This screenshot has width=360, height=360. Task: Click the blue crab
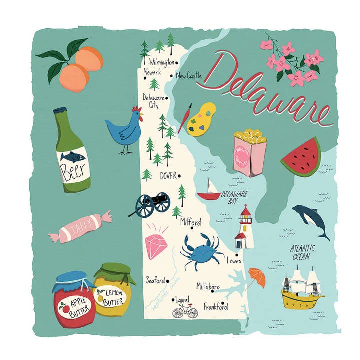(202, 251)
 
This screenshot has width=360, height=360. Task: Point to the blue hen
(123, 131)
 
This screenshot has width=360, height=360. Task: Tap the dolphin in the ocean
(310, 220)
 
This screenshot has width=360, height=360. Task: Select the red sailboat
(209, 190)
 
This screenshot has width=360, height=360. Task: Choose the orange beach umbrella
(257, 277)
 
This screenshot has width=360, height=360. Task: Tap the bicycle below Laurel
(185, 311)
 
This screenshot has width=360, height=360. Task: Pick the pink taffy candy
(80, 227)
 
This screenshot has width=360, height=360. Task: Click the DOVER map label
(168, 176)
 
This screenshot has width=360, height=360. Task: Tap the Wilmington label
(162, 63)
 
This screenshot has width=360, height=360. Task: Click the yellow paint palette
(201, 120)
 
